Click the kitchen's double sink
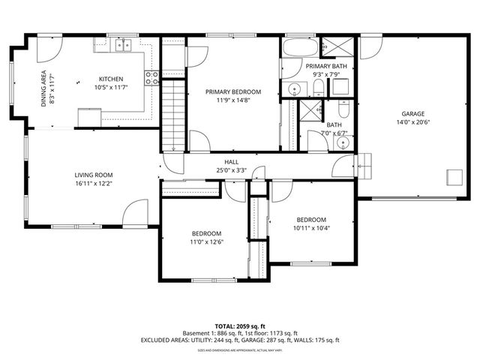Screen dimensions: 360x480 tap(123, 46)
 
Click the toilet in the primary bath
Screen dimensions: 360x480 tap(319, 88)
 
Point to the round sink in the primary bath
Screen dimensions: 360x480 tap(295, 90)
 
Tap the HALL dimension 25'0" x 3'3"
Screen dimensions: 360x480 tap(231, 170)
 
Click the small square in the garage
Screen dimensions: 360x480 tap(454, 176)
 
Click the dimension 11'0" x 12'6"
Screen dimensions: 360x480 tap(205, 241)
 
